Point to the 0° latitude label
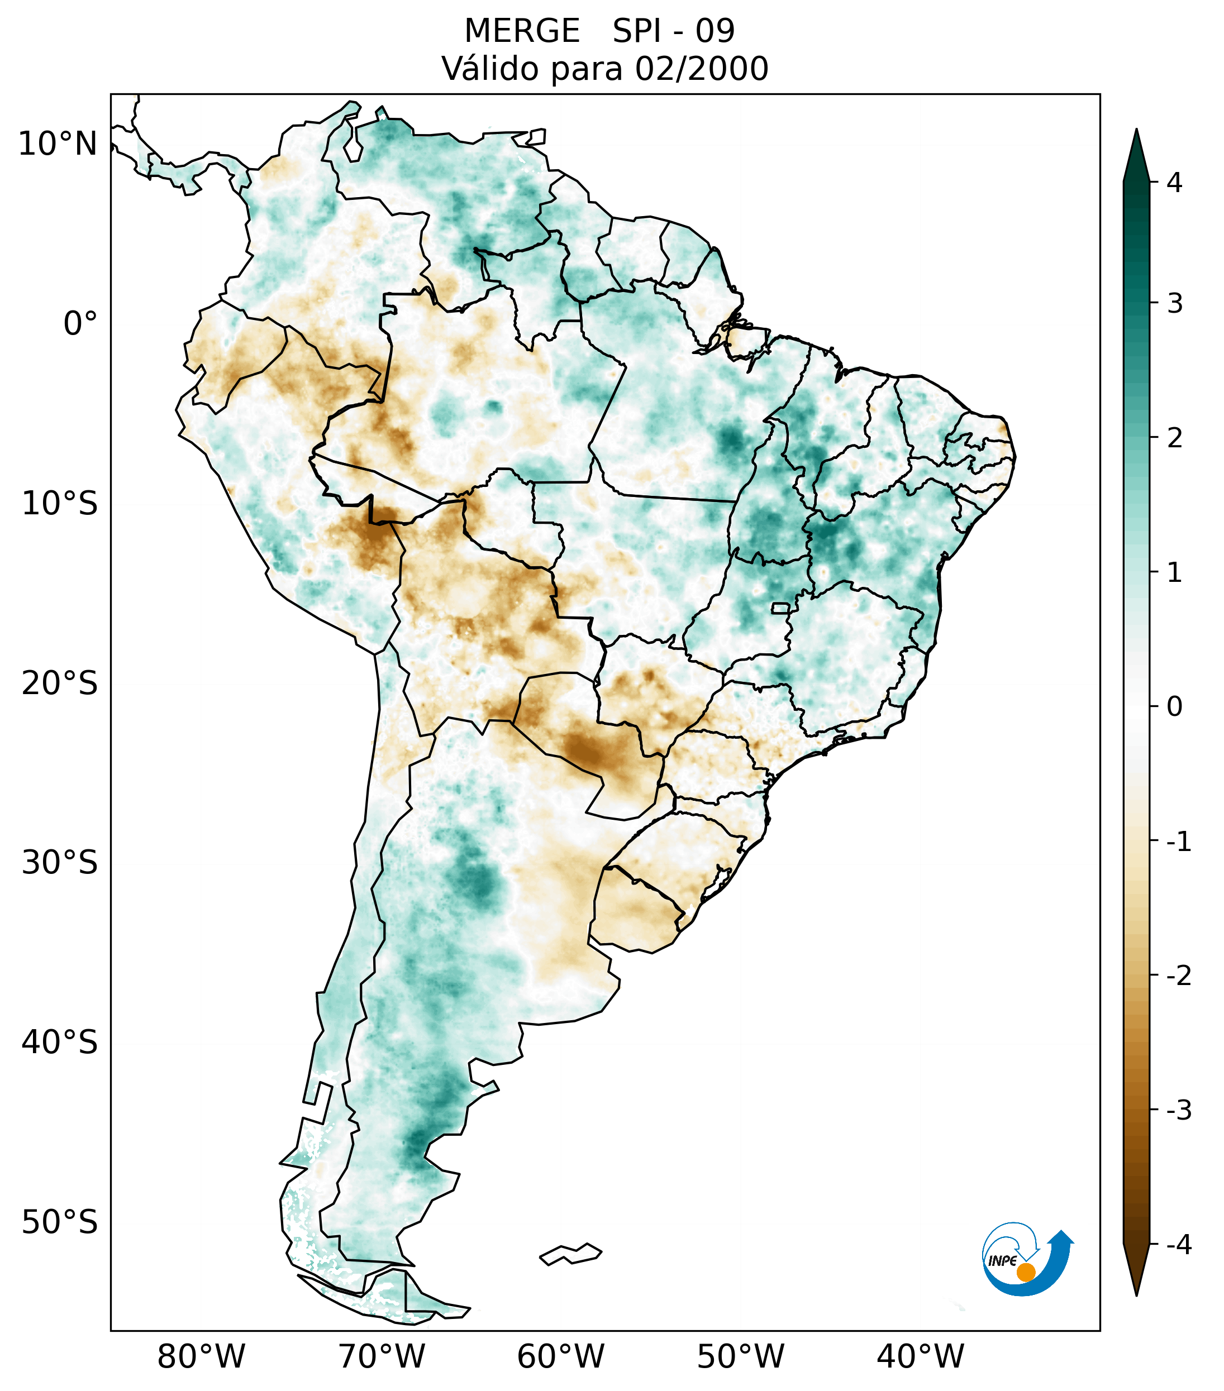[x=80, y=324]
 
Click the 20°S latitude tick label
[x=60, y=683]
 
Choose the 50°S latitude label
[x=60, y=1223]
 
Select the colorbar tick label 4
[x=1174, y=183]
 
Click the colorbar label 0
[x=1174, y=707]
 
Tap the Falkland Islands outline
[x=570, y=1254]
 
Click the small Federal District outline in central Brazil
[x=781, y=608]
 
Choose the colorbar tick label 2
[x=1174, y=438]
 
